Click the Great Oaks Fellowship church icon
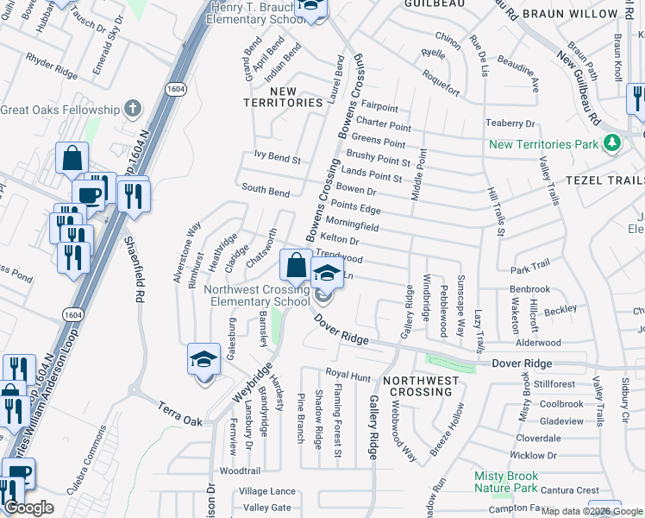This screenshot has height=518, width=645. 132,109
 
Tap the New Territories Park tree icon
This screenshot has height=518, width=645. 612,142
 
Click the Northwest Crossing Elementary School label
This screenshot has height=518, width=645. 257,295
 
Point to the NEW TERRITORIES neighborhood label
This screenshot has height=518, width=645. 284,97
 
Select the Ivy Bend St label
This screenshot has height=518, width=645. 277,160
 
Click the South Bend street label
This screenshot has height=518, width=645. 266,189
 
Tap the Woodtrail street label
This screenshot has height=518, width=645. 240,471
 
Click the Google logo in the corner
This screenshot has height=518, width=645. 28,509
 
